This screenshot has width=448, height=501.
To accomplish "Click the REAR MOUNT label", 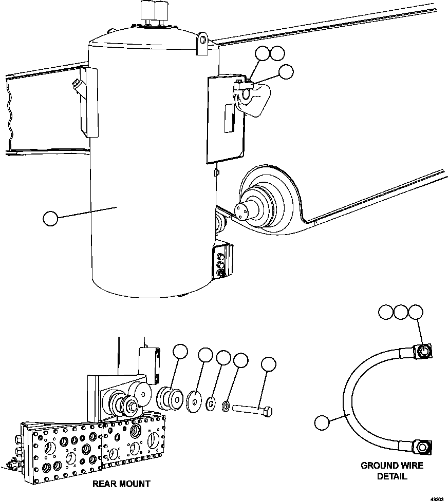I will click(121, 484).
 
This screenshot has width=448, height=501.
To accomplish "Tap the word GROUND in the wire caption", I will click(379, 466).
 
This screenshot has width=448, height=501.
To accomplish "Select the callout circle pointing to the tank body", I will click(50, 219).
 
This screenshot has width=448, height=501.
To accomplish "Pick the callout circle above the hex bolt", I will click(268, 364).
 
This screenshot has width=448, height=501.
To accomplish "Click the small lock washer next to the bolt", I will click(225, 407).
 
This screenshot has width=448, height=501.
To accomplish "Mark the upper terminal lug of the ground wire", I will click(423, 351).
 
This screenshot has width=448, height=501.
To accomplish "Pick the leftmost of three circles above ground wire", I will click(386, 312).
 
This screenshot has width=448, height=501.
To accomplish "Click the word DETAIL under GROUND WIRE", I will click(392, 476).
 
